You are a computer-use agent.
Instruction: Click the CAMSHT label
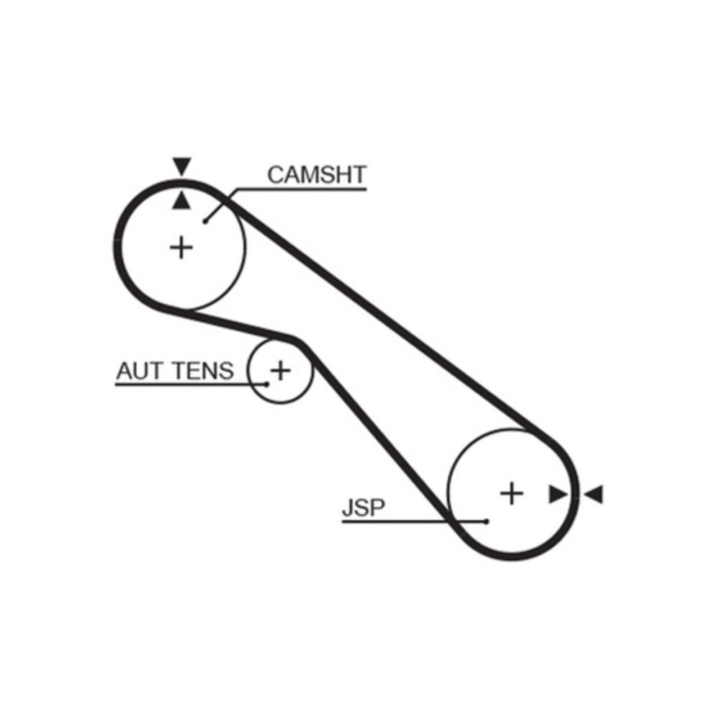316,175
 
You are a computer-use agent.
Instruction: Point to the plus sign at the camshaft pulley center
182,248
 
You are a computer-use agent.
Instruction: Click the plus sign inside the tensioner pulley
280,371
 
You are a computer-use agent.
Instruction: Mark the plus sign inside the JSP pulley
511,493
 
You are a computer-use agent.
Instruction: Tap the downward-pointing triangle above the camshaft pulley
182,166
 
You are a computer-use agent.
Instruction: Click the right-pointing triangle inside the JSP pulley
557,494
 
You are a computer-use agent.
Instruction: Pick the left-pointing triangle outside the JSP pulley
594,494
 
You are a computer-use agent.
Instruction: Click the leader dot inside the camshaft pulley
205,221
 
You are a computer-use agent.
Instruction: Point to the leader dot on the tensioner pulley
267,384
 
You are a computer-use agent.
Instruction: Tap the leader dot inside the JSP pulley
487,521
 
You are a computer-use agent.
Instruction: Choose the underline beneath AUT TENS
187,384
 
